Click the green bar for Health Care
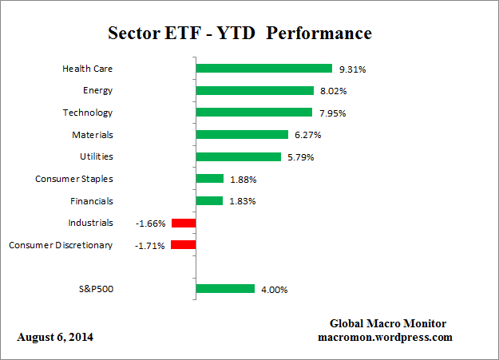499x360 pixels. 263,69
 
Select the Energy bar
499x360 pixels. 254,90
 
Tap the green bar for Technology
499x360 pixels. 253,113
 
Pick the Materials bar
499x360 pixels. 241,135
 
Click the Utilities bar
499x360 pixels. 238,157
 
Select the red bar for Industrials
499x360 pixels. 183,223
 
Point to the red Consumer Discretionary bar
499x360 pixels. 183,245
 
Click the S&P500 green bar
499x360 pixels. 224,289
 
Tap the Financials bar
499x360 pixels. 209,201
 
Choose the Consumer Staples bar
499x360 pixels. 209,179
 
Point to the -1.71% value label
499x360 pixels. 150,245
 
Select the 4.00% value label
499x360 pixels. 273,289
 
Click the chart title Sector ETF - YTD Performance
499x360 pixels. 240,34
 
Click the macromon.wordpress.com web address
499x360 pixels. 385,337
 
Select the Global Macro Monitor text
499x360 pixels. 387,323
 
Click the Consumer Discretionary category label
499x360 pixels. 61,245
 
